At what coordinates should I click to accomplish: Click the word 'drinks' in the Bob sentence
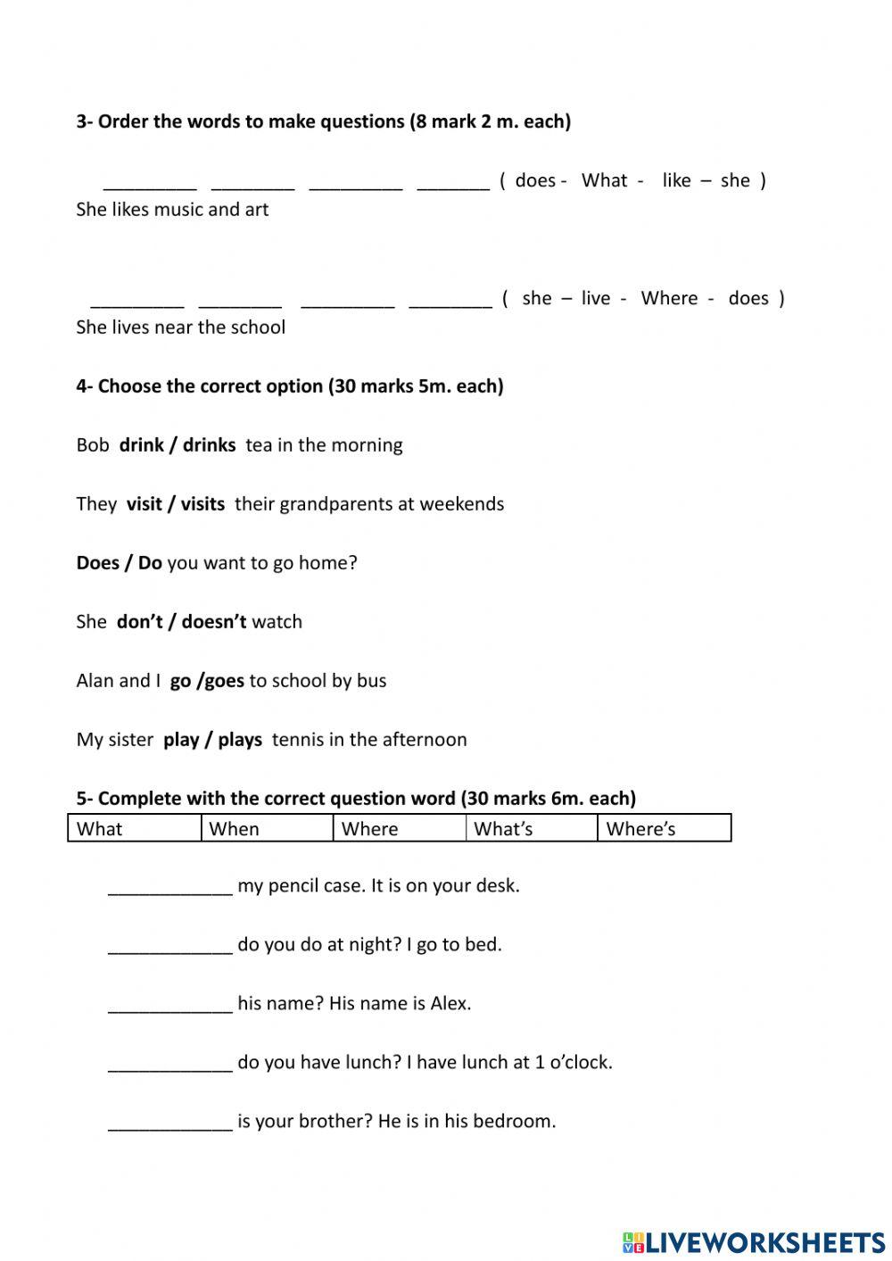pos(210,445)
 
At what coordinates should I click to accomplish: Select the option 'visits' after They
pos(203,504)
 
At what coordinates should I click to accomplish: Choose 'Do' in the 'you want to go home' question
pos(150,563)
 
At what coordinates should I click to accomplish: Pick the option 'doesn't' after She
pos(214,622)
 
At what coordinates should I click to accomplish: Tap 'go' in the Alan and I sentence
pos(180,681)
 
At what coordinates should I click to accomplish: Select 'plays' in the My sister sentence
pos(240,740)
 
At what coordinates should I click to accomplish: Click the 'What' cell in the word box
pos(135,828)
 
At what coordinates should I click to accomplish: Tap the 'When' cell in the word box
pos(267,828)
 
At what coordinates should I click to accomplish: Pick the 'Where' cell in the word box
pos(399,828)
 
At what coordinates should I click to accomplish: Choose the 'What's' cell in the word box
pos(531,828)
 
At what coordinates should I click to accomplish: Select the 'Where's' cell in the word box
pos(664,828)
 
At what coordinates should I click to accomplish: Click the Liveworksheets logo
pos(753,1241)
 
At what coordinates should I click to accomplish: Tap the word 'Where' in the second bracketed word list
pos(669,298)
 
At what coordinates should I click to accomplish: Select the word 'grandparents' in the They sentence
pos(336,504)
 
